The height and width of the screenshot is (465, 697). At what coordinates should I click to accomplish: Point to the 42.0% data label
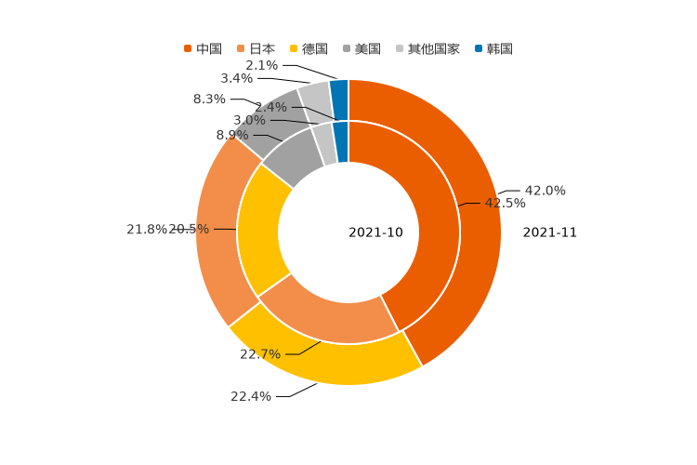point(546,191)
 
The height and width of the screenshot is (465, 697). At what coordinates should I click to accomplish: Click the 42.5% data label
point(505,203)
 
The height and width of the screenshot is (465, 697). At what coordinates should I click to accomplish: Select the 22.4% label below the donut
point(251,396)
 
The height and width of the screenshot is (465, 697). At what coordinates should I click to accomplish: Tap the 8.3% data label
point(209,100)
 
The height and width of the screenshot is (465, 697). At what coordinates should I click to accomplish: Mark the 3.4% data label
point(236,78)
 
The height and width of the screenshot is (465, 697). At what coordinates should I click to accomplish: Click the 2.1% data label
point(262,65)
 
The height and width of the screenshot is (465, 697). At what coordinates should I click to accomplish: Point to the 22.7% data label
point(260,354)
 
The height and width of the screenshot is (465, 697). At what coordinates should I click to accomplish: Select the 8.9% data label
point(232,135)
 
